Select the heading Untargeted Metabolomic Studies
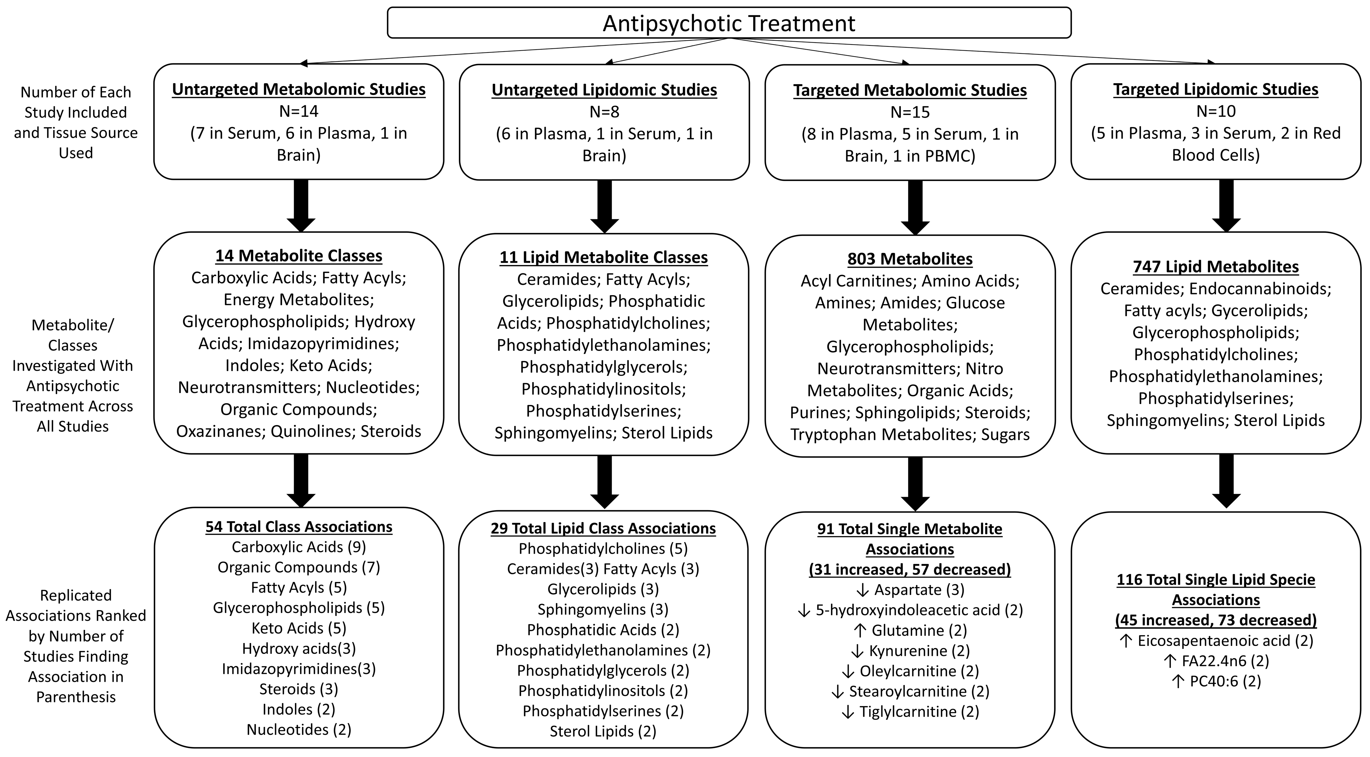pyautogui.click(x=298, y=89)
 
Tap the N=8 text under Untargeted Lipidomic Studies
pyautogui.click(x=604, y=112)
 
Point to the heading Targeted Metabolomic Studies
pyautogui.click(x=910, y=90)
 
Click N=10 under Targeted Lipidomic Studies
pyautogui.click(x=1216, y=111)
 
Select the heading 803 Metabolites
pyautogui.click(x=910, y=259)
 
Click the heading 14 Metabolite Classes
pyautogui.click(x=298, y=256)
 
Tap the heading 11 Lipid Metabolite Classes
pyautogui.click(x=604, y=257)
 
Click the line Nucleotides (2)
pyautogui.click(x=298, y=729)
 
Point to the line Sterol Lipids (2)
pyautogui.click(x=603, y=731)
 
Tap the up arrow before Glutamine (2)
pyautogui.click(x=860, y=631)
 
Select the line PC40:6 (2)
pyautogui.click(x=1216, y=681)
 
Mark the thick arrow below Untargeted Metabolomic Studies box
pyautogui.click(x=301, y=206)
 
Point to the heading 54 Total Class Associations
pyautogui.click(x=298, y=527)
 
